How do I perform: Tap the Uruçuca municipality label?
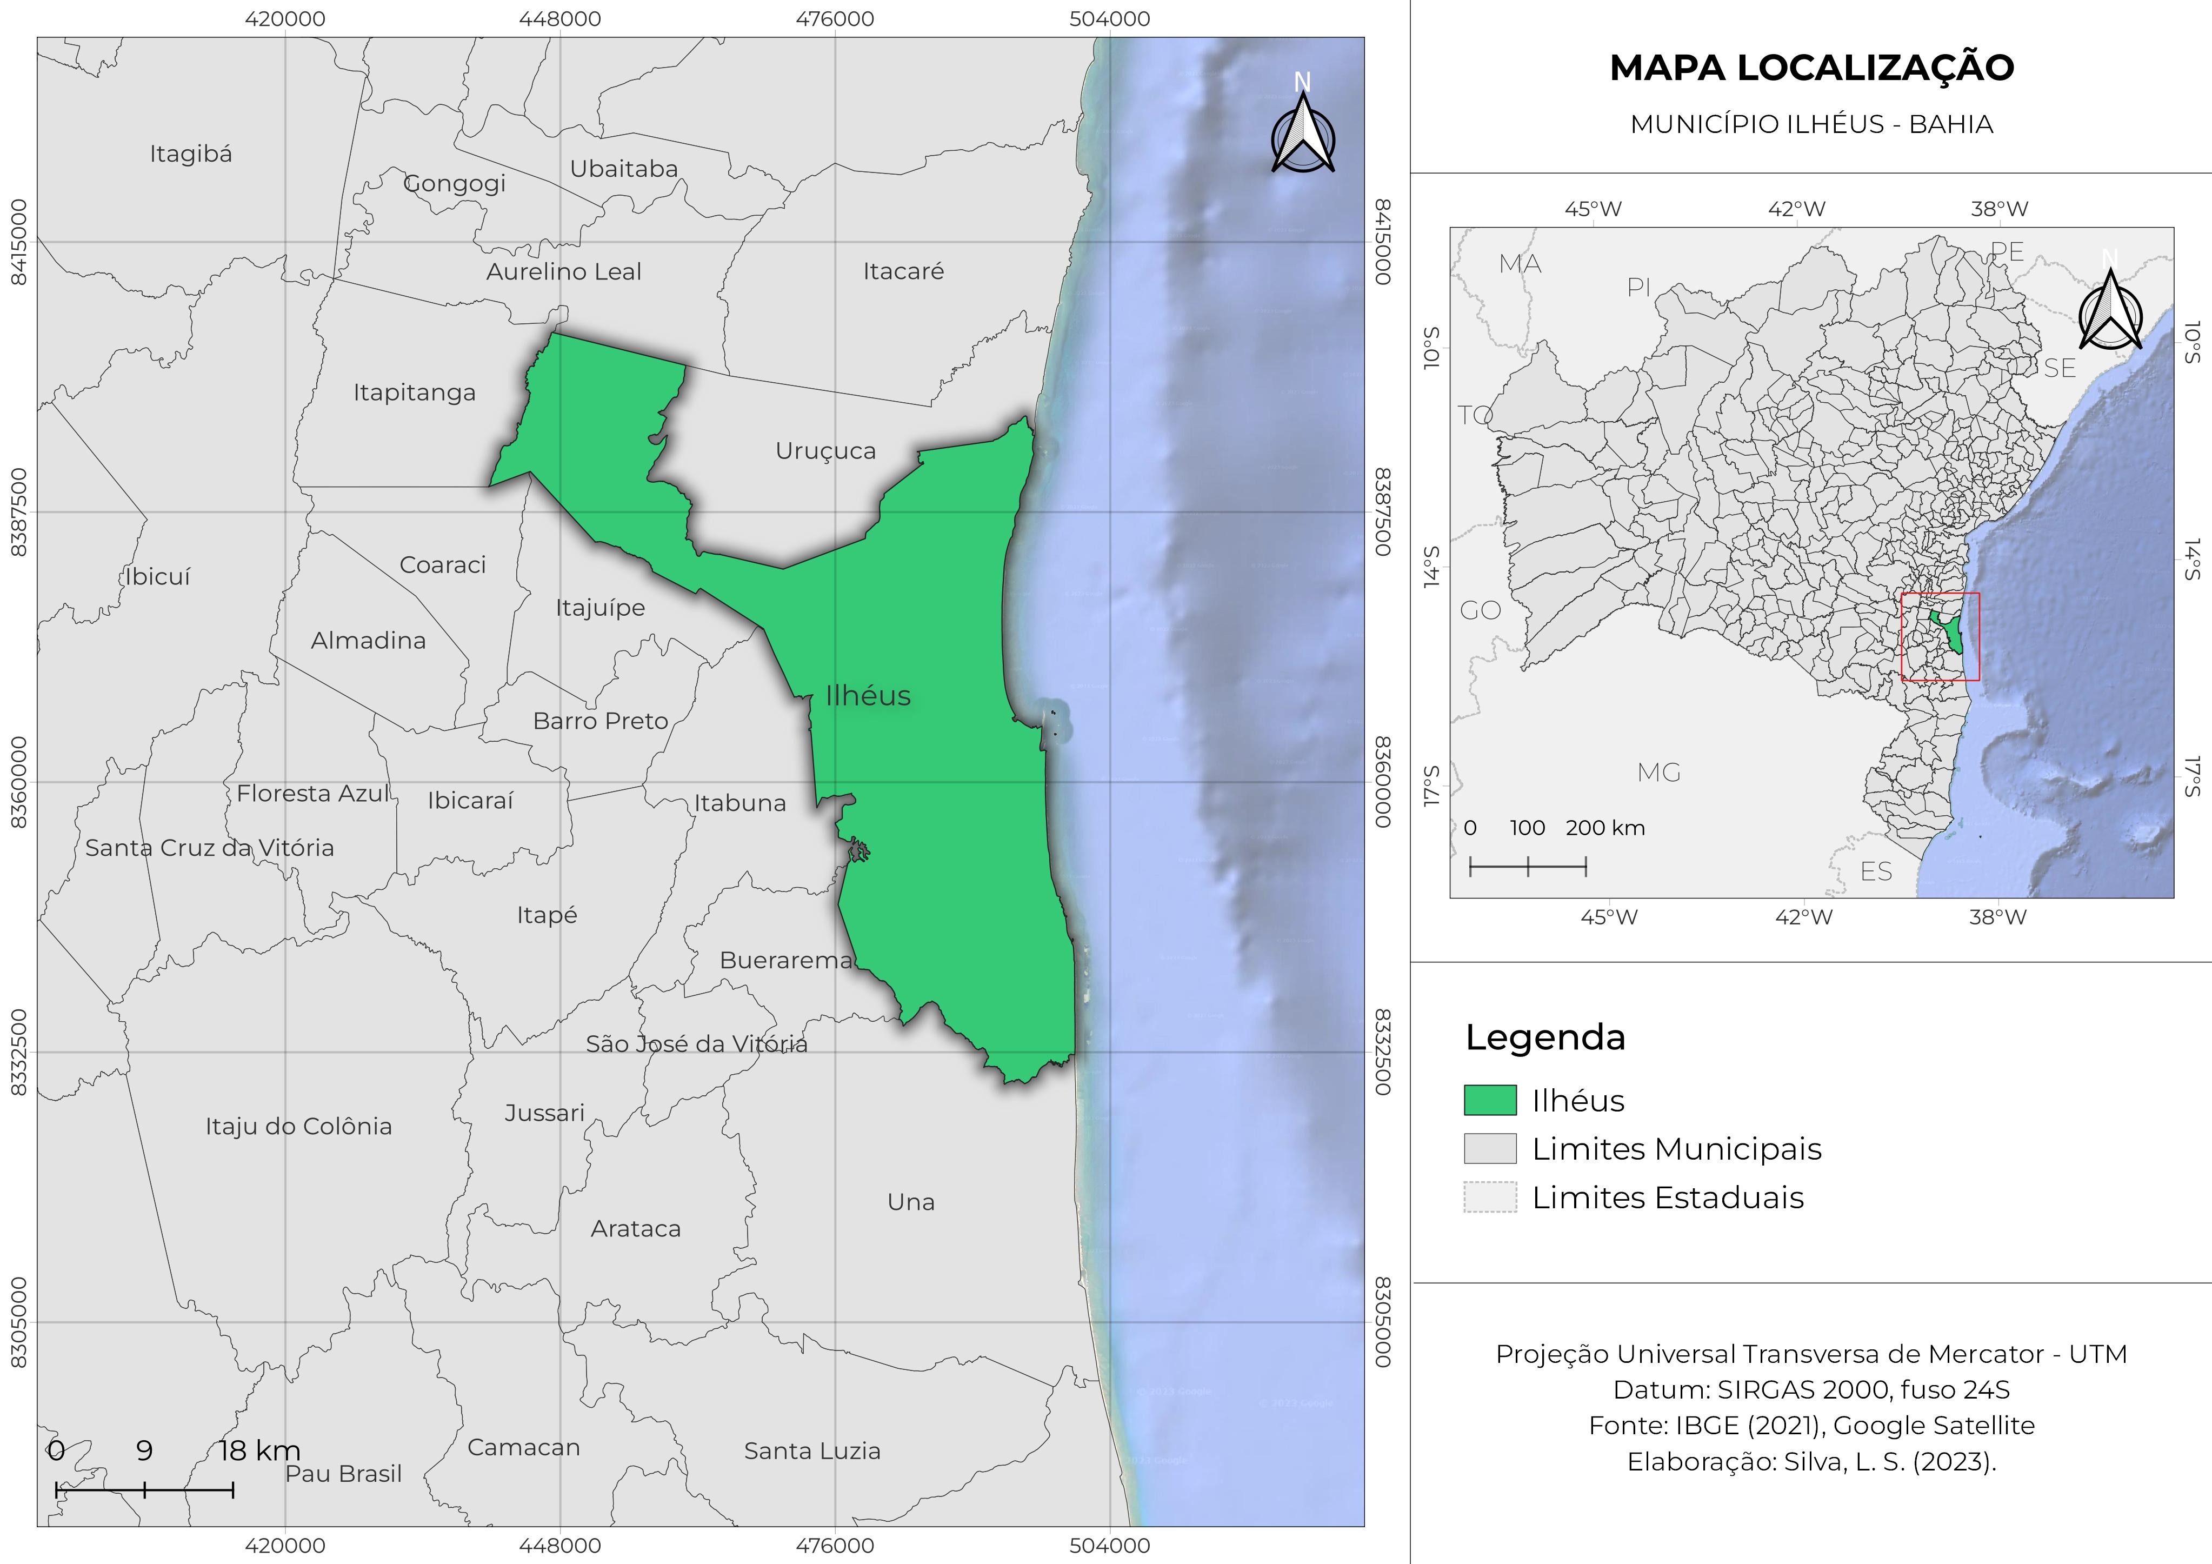pos(825,451)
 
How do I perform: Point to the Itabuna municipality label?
pos(740,803)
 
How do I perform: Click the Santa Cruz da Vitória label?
pos(209,848)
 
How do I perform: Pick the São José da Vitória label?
pos(697,1043)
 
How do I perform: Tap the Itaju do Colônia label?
pos(298,1127)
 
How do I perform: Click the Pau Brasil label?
pos(344,1473)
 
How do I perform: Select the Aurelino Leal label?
pos(564,272)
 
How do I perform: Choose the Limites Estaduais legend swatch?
pos(1489,1197)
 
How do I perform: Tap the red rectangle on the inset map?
pos(1940,637)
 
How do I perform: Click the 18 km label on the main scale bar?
pos(259,1450)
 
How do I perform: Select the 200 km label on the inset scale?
pos(1605,828)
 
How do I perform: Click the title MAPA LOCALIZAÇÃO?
pos(1811,68)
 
